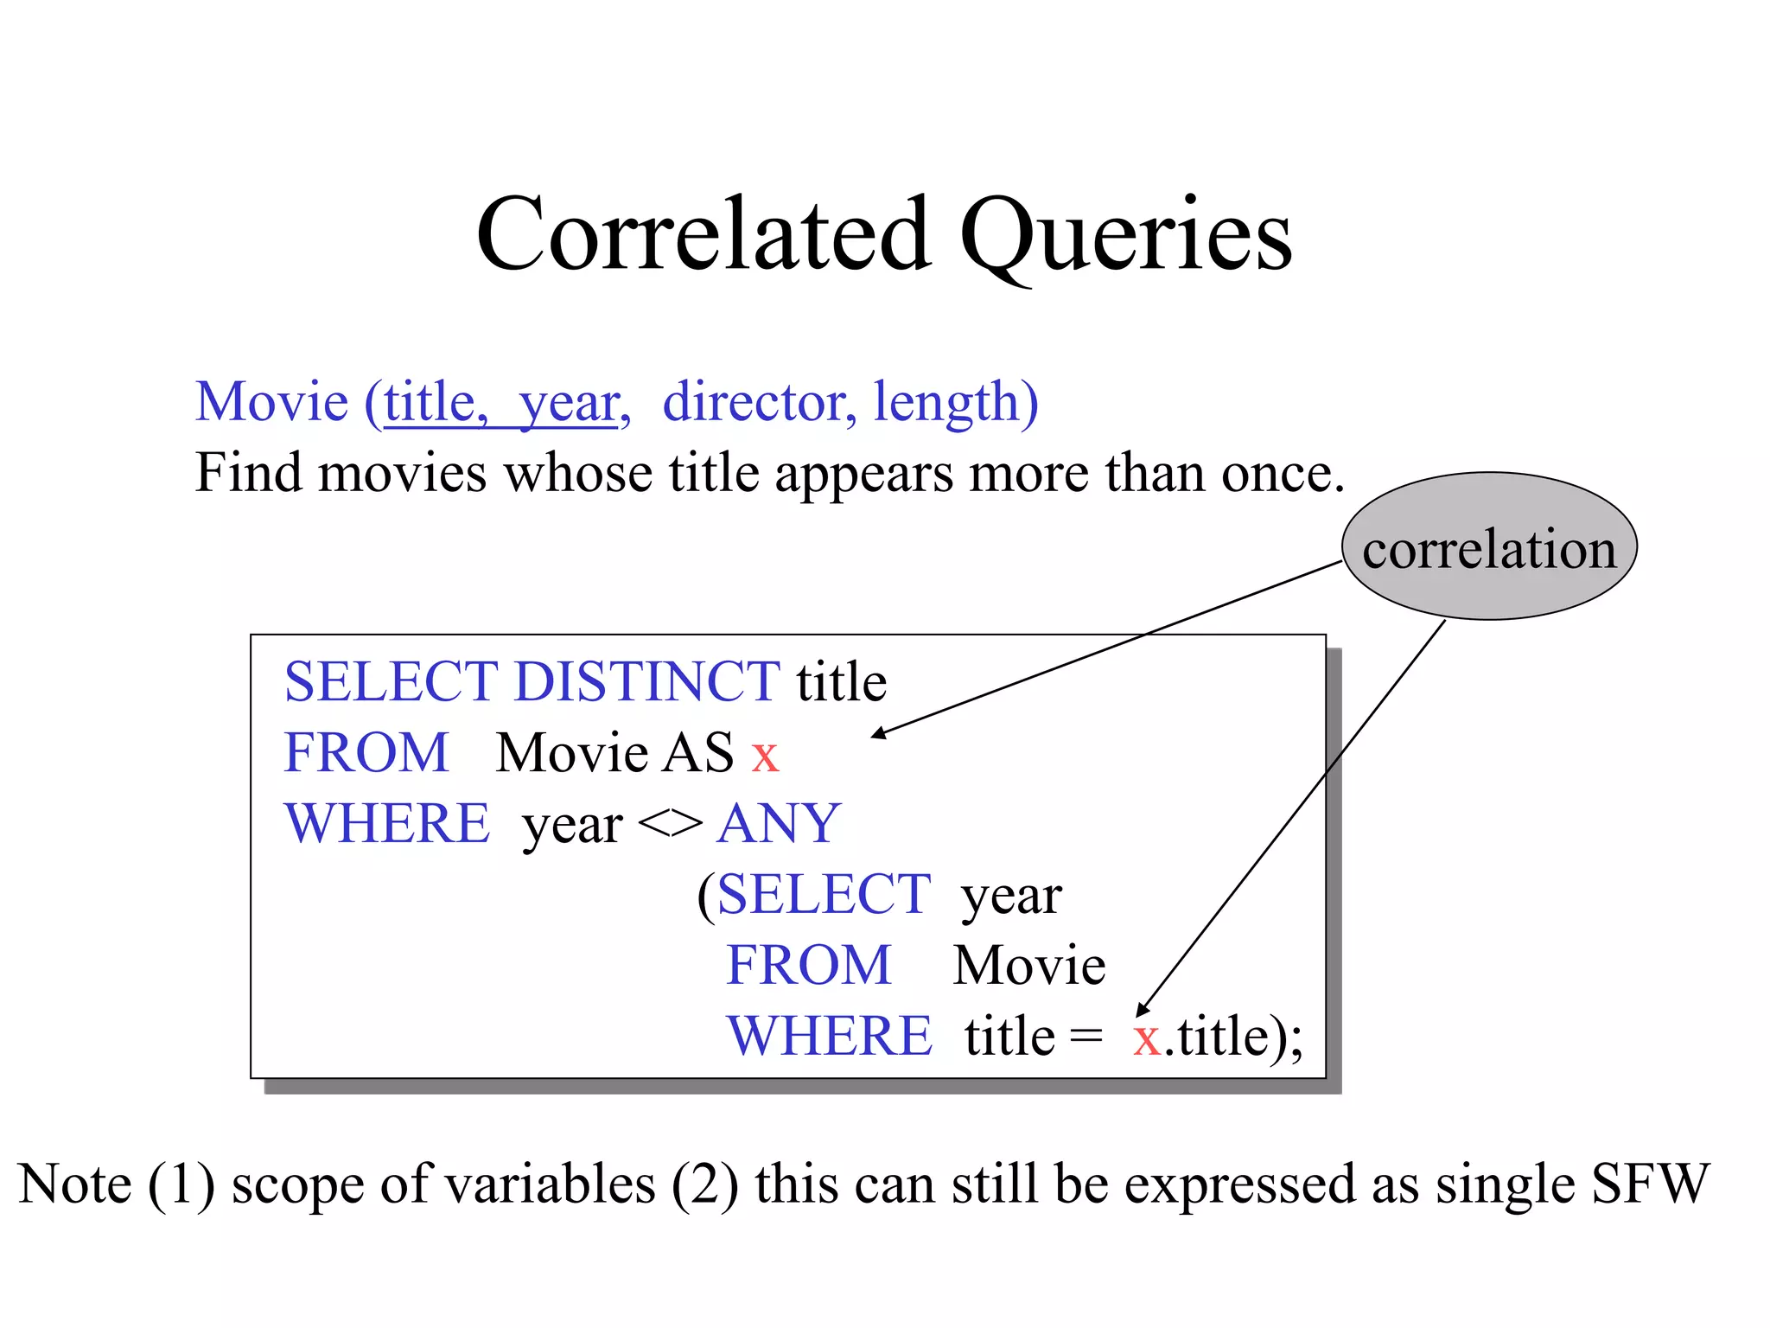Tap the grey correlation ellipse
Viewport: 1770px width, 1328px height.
pyautogui.click(x=1489, y=547)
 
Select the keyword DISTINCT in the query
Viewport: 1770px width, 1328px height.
pyautogui.click(x=647, y=681)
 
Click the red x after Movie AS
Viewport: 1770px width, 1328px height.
pyautogui.click(x=765, y=755)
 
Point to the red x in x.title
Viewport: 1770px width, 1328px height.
pyautogui.click(x=1147, y=1038)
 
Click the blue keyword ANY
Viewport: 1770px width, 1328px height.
pyautogui.click(x=779, y=823)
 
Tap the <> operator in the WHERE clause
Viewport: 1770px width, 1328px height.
pyautogui.click(x=670, y=824)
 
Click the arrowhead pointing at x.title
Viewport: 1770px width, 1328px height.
pyautogui.click(x=1143, y=1011)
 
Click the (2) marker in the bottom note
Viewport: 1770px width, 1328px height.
pyautogui.click(x=704, y=1184)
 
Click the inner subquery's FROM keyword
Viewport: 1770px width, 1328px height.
pyautogui.click(x=808, y=965)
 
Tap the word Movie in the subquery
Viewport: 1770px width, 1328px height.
pyautogui.click(x=1028, y=965)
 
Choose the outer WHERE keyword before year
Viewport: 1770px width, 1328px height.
pyautogui.click(x=386, y=823)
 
